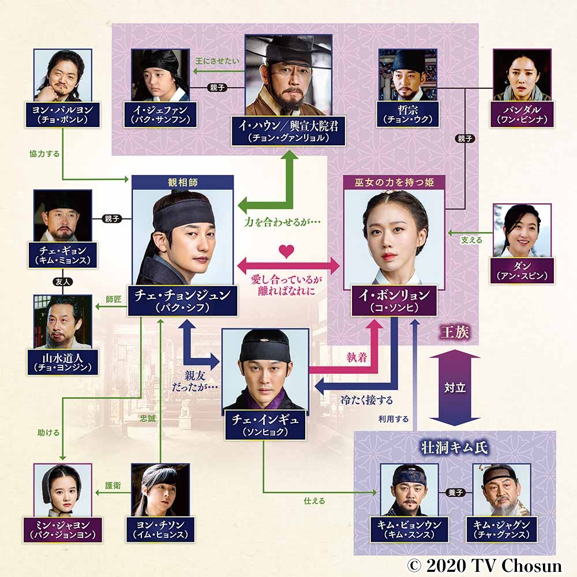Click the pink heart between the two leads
(x=283, y=251)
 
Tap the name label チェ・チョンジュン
(x=182, y=300)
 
